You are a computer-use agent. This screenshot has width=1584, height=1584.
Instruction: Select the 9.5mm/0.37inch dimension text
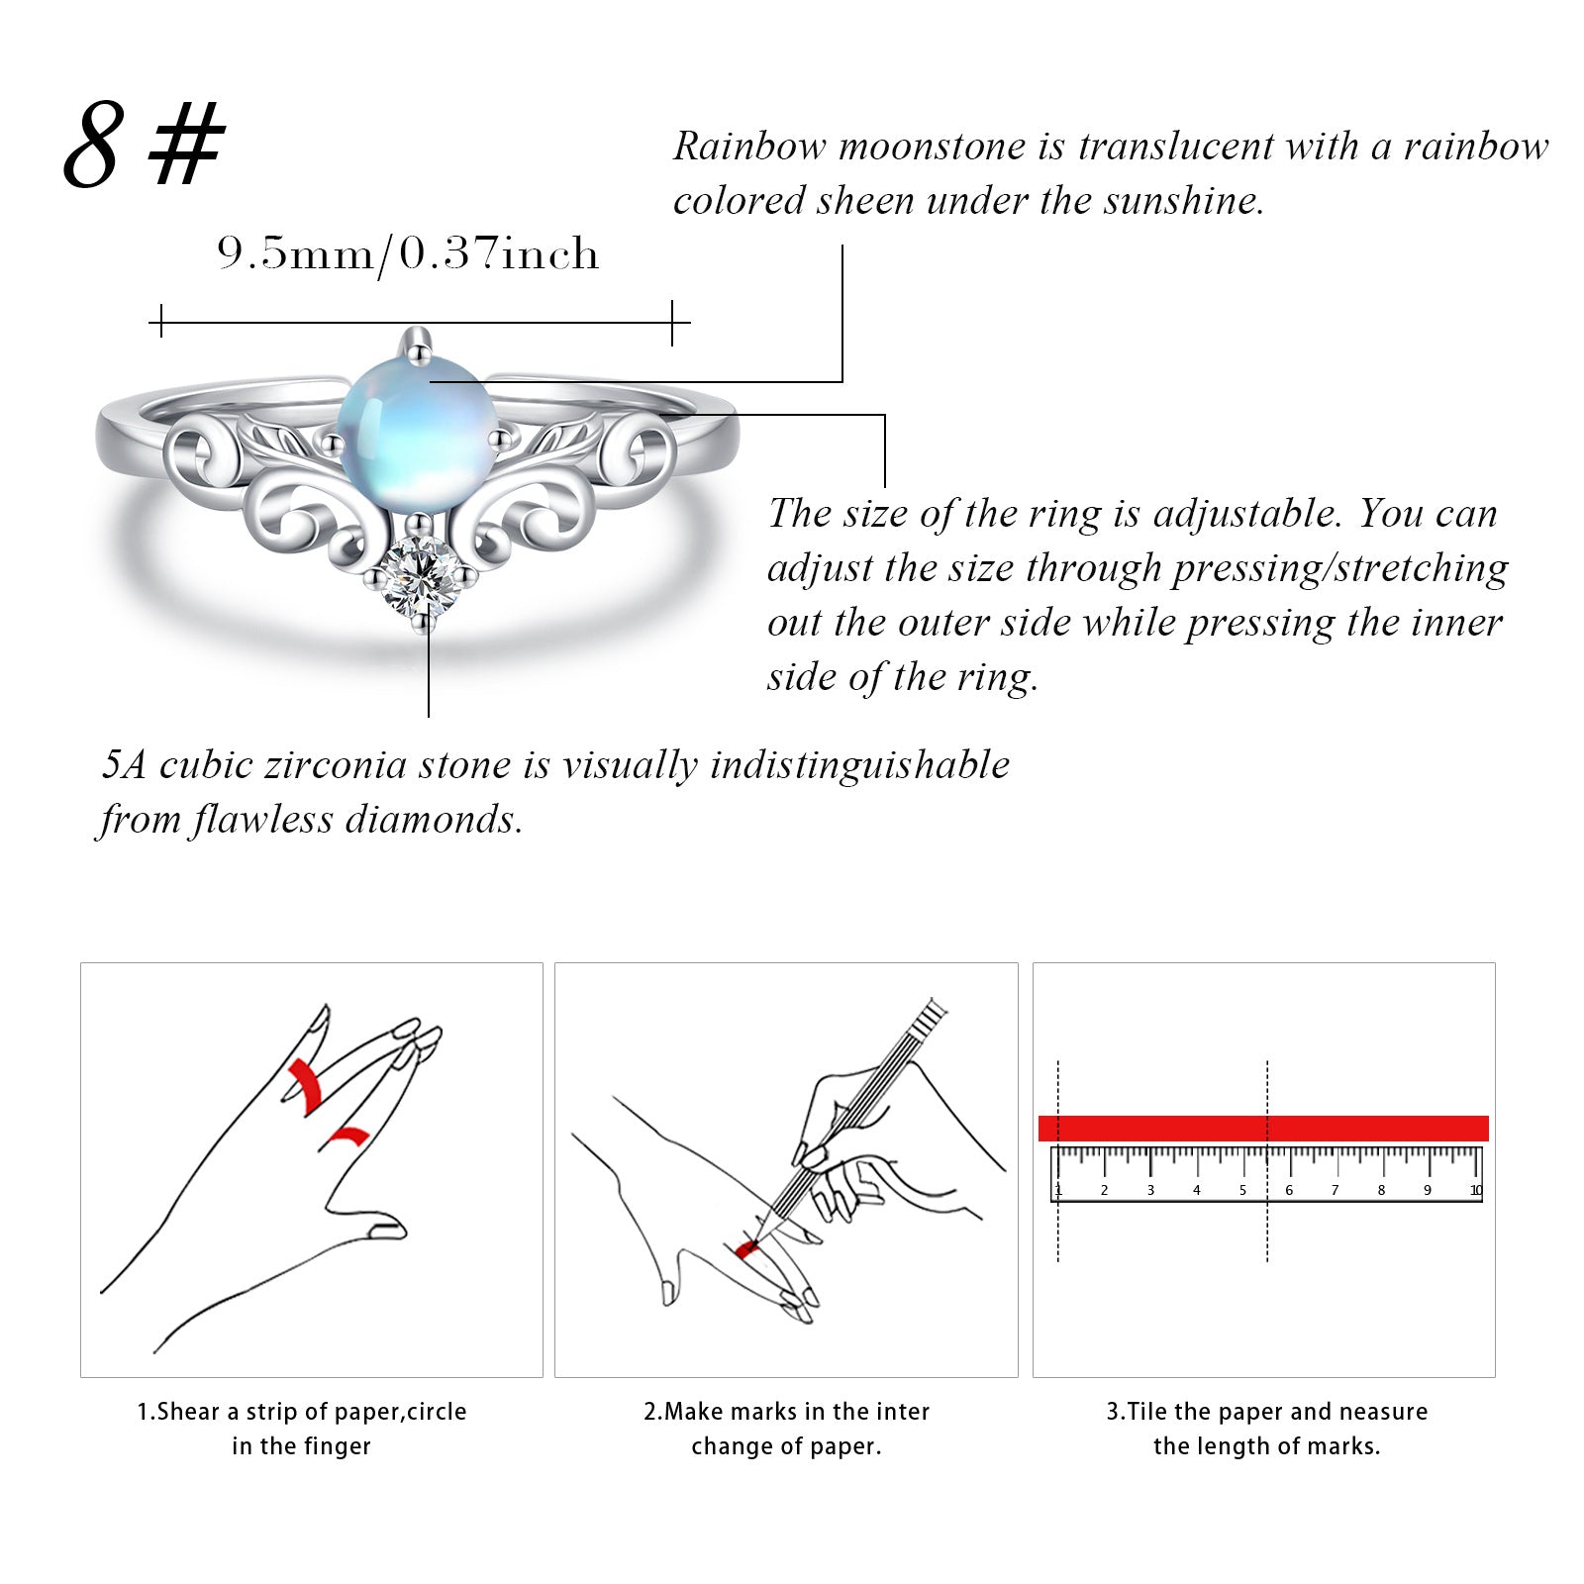(408, 254)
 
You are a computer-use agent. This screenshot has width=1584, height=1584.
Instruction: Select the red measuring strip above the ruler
(1263, 1128)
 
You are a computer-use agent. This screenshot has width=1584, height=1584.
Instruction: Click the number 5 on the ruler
(1242, 1190)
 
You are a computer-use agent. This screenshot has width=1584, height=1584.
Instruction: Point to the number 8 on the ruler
(1381, 1190)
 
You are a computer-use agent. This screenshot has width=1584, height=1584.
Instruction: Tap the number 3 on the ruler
(1150, 1190)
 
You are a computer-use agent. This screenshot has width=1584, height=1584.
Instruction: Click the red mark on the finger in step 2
(746, 1249)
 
